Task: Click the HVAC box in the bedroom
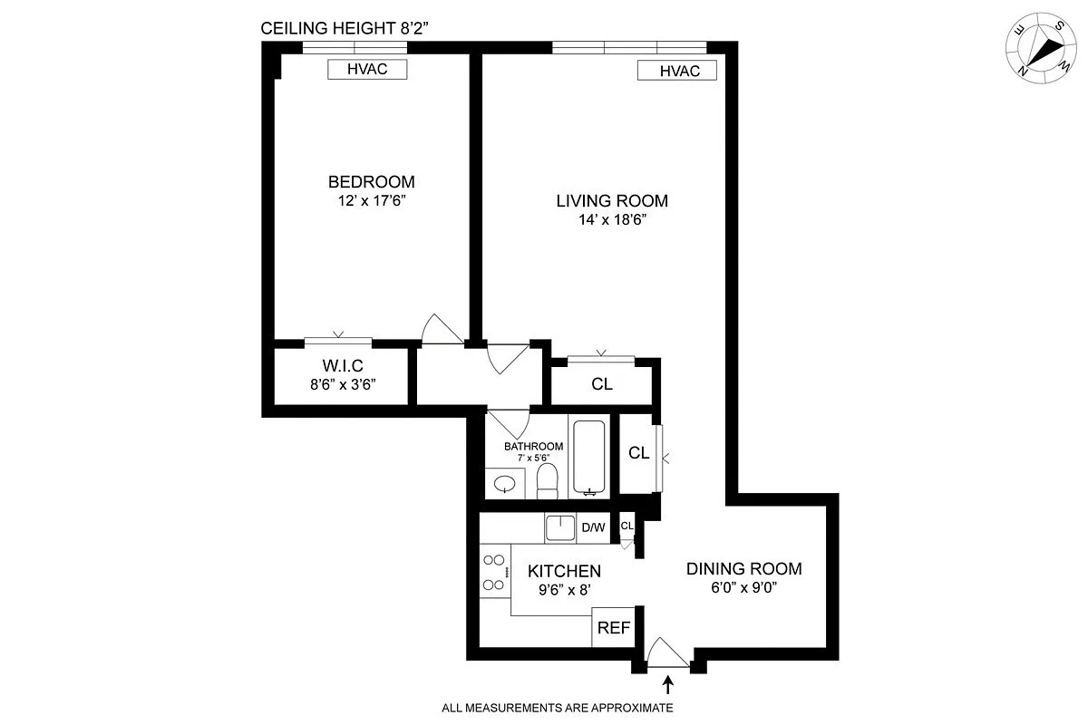tap(367, 70)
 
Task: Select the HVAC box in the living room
tap(676, 71)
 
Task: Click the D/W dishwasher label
tap(593, 528)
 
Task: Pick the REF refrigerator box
tap(612, 628)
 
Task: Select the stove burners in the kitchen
tap(494, 574)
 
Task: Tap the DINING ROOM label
tap(743, 569)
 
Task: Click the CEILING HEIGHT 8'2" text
tap(345, 28)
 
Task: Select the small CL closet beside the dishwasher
tap(627, 527)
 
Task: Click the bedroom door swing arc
tap(442, 328)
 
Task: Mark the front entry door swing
tap(668, 652)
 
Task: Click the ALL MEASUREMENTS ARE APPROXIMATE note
tap(557, 708)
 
